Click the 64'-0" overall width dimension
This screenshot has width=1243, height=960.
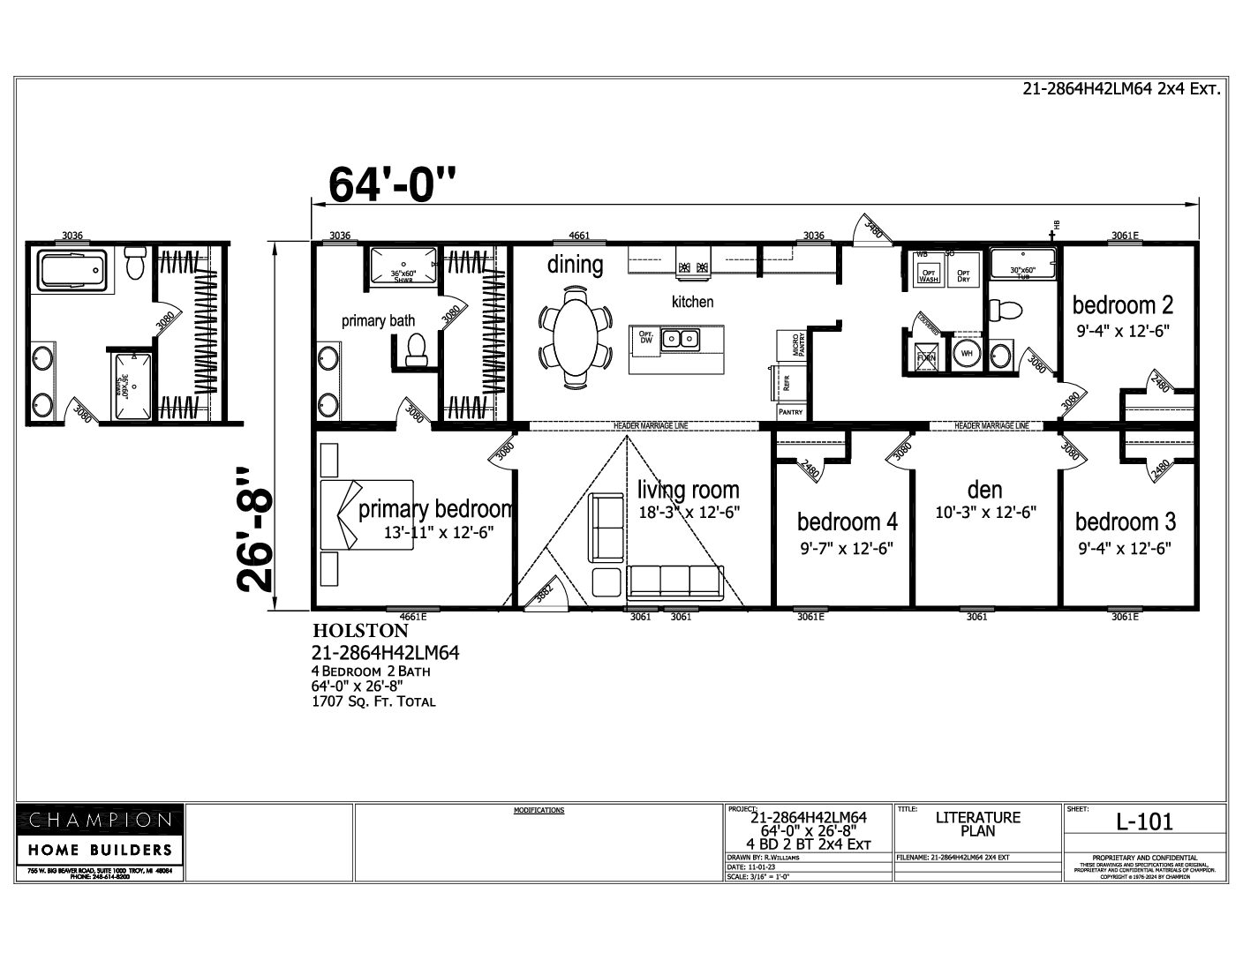tap(393, 184)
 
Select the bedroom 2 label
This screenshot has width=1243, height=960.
tap(1122, 305)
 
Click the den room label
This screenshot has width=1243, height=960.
tap(984, 489)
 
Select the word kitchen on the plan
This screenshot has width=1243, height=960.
tap(692, 302)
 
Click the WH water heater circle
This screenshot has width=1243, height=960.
tap(966, 354)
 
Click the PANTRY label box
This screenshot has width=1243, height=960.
tap(790, 412)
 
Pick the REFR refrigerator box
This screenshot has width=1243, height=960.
tap(787, 383)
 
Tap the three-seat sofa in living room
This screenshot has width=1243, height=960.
tap(674, 582)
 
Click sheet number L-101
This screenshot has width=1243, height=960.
tap(1144, 821)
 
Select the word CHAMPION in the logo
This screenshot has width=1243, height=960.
tap(100, 820)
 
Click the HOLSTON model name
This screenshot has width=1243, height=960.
tap(360, 632)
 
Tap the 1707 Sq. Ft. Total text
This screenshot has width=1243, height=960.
tap(373, 701)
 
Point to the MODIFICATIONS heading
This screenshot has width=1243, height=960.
tap(539, 810)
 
